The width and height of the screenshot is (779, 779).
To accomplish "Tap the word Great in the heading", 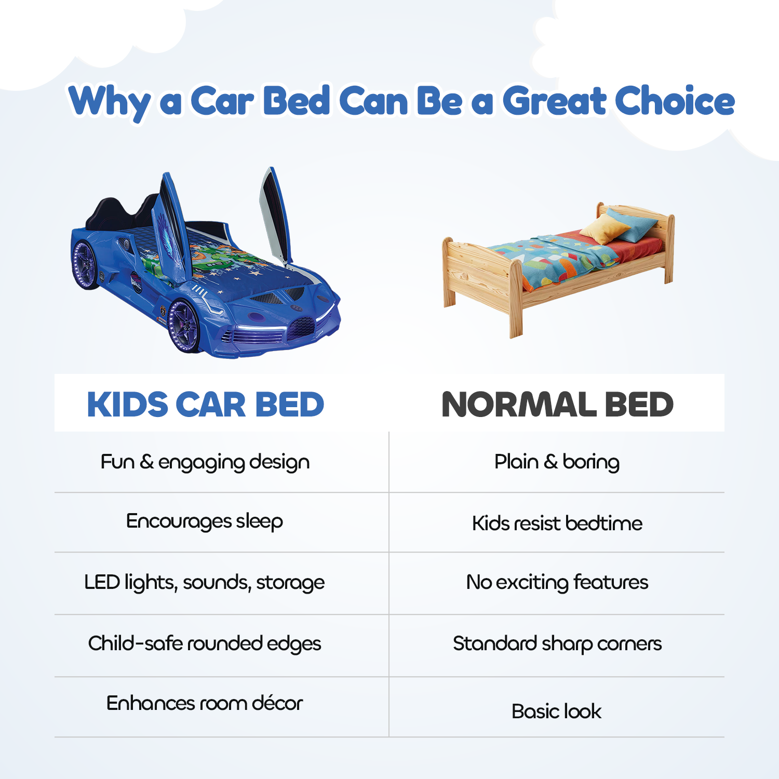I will click(554, 101).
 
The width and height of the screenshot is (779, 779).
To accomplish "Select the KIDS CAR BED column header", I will click(206, 405).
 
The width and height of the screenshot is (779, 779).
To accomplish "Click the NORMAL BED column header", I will click(557, 405).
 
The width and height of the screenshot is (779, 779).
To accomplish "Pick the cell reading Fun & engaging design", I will click(205, 462).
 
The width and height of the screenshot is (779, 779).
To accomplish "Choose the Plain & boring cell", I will click(557, 462).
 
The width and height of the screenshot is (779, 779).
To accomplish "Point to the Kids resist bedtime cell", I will click(557, 523).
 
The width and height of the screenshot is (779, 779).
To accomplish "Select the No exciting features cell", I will click(557, 583).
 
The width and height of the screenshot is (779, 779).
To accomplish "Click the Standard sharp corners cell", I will click(557, 644).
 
